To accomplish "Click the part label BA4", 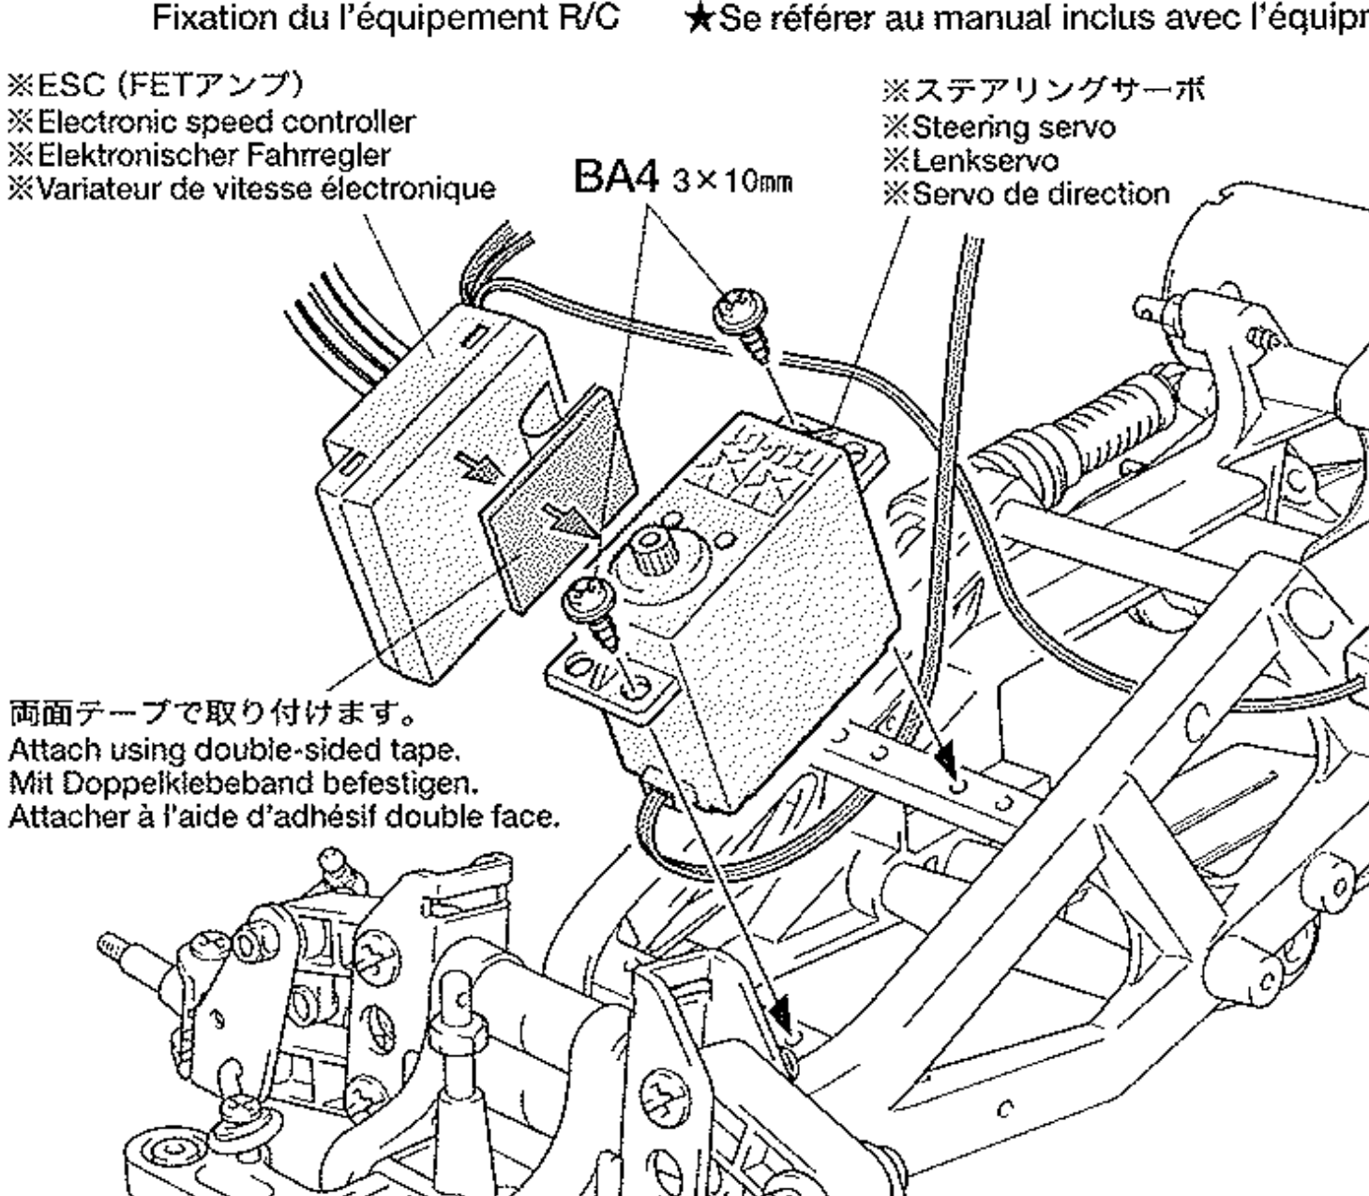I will [x=613, y=178].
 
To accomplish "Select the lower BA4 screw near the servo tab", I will [x=588, y=600].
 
